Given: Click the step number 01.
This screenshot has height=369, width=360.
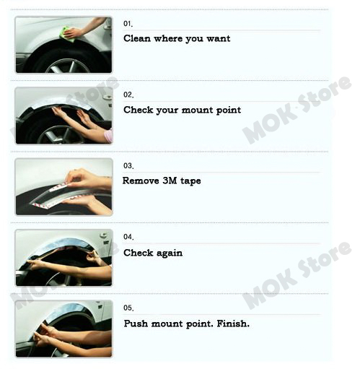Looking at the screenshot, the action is [x=128, y=24].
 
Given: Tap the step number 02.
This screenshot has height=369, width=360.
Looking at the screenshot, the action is [x=128, y=95].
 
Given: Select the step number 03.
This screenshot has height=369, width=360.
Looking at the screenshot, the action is [x=128, y=165].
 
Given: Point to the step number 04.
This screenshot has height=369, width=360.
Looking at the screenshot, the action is [x=128, y=237].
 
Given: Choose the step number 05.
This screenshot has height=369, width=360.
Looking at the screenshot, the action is [x=128, y=308].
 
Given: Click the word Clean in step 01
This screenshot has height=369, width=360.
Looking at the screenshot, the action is [x=137, y=38].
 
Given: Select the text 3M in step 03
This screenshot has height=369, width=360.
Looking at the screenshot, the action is [x=170, y=181].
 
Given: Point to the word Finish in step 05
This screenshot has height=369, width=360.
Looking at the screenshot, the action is [x=233, y=324].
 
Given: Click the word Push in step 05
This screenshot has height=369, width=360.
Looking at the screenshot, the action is [x=136, y=324].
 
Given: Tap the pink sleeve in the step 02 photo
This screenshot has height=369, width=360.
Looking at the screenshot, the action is [x=109, y=136].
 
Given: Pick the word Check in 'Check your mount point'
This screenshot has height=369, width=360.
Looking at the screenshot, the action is [x=138, y=110].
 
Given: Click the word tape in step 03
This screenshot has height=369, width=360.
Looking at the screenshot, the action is [x=190, y=181].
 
